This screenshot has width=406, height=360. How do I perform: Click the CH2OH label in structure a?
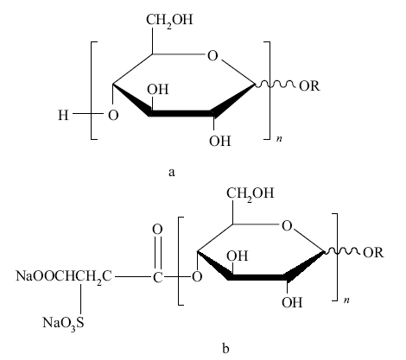tap(169, 21)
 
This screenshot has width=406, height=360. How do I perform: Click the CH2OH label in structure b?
tap(250, 193)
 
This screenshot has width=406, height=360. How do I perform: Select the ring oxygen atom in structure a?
tap(213, 56)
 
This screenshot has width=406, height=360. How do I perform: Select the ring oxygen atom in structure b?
tap(287, 226)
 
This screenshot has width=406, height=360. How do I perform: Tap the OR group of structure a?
tap(309, 85)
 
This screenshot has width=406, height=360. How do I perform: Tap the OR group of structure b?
tap(373, 252)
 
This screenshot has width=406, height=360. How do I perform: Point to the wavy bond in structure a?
tap(276, 85)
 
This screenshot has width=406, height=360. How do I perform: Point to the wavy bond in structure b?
tap(342, 251)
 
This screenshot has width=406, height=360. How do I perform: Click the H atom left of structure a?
tap(63, 116)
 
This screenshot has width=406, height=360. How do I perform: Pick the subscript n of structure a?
tap(279, 139)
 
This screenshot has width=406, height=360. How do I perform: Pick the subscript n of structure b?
tap(346, 300)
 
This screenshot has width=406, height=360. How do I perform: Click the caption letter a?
tap(172, 172)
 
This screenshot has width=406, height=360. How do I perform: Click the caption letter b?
tap(225, 348)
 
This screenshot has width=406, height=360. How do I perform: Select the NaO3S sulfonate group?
tap(64, 323)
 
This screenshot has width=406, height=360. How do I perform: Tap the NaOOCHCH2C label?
tap(64, 276)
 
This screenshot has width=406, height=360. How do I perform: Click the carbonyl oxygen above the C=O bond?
tap(157, 230)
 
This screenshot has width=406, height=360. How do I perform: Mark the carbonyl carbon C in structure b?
tap(157, 278)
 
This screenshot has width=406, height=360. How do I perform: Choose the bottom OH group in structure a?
tap(220, 142)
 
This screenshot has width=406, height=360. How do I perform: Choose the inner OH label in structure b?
tap(237, 256)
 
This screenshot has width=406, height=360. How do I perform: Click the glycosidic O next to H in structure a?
tap(113, 116)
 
